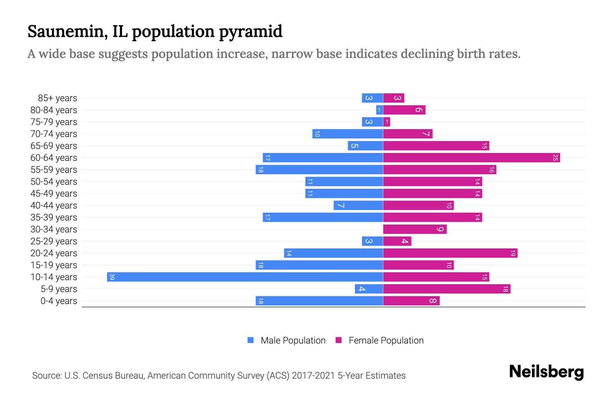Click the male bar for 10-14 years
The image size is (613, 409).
coord(245,277)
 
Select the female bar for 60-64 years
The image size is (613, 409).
coord(471,157)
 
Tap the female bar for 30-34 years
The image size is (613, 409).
coord(415,229)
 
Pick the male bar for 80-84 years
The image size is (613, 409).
coord(379,110)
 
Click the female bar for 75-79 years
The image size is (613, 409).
coord(387,122)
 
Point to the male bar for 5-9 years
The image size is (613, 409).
coord(369,289)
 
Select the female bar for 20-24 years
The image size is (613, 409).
coord(450,253)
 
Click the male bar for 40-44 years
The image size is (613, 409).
coord(358,205)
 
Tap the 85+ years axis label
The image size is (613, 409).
coord(58,98)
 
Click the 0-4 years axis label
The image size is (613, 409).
coord(59,301)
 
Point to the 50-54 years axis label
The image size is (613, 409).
coord(54,182)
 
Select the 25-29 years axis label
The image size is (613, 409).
coord(54,241)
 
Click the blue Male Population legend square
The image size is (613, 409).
coord(251,340)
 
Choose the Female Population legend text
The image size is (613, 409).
coord(386,340)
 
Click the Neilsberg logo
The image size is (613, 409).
coord(546,372)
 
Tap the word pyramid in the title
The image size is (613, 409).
coord(250,32)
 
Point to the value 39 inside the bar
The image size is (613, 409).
coord(112,277)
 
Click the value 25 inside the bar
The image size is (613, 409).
coord(555,157)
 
